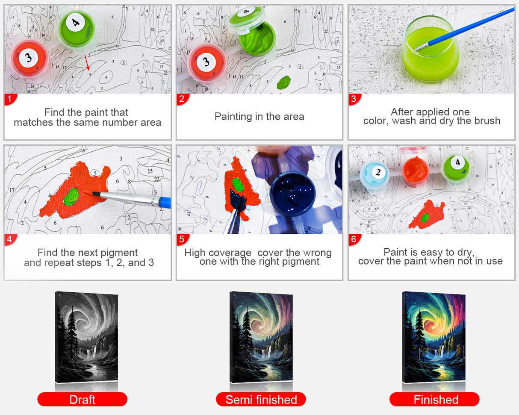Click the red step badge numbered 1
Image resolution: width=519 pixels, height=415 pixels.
pos(10,99)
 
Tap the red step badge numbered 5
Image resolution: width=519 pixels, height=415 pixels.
pos(182,239)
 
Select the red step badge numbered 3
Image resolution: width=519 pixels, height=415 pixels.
pos(354,99)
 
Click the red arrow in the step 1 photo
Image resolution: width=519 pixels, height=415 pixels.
pos(87,62)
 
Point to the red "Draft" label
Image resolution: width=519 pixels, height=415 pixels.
pos(82,400)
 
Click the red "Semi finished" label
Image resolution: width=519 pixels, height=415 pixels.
pos(261,400)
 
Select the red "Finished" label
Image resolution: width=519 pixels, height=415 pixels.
pos(434,400)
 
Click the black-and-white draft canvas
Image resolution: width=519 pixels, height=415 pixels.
pos(86,337)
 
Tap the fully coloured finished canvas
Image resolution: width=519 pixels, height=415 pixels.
pos(433,337)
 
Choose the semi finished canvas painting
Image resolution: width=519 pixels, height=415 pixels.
pos(261,337)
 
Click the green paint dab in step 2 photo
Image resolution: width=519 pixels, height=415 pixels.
pos(283,82)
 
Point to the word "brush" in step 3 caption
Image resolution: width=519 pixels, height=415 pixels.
pos(487,121)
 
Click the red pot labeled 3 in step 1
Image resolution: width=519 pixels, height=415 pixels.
pos(29,59)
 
